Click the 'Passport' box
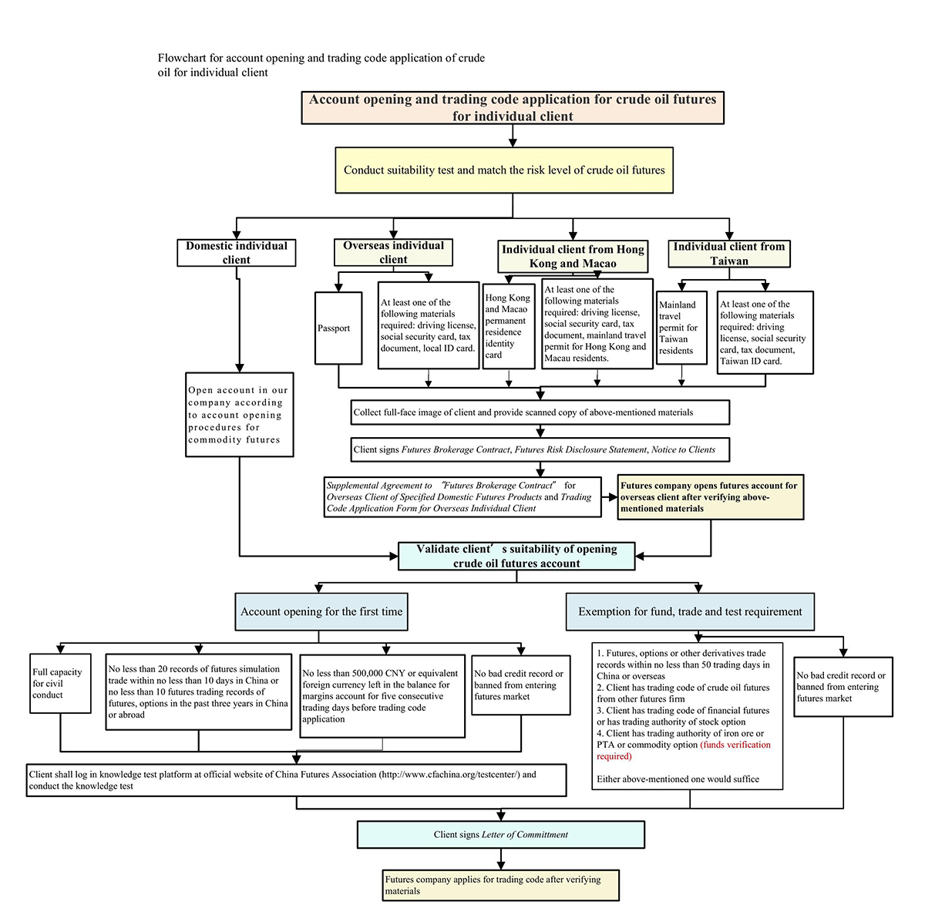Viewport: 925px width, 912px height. pyautogui.click(x=338, y=328)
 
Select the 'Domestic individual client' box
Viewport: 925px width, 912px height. pyautogui.click(x=236, y=253)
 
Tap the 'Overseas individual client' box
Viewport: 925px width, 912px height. pyautogui.click(x=393, y=252)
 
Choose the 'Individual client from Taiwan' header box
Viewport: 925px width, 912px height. pyautogui.click(x=728, y=254)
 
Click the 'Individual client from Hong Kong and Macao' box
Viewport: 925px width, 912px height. pyautogui.click(x=573, y=256)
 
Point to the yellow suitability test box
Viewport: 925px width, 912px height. pyautogui.click(x=504, y=170)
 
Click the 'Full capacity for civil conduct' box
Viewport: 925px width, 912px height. pyautogui.click(x=60, y=684)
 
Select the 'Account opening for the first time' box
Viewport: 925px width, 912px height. pyautogui.click(x=321, y=611)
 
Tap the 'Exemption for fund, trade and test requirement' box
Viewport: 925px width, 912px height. pyautogui.click(x=690, y=611)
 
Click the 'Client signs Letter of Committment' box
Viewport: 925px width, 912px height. pyautogui.click(x=501, y=834)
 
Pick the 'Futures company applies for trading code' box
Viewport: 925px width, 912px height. pyautogui.click(x=501, y=885)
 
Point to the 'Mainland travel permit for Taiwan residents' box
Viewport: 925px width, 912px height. pyautogui.click(x=681, y=328)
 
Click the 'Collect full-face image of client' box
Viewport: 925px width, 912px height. pyautogui.click(x=540, y=412)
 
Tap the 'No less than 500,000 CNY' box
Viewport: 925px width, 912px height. pyautogui.click(x=382, y=696)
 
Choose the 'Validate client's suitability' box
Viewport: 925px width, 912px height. pyautogui.click(x=516, y=556)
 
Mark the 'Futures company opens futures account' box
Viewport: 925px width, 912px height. pyautogui.click(x=710, y=497)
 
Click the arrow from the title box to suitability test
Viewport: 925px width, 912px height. pyautogui.click(x=513, y=135)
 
